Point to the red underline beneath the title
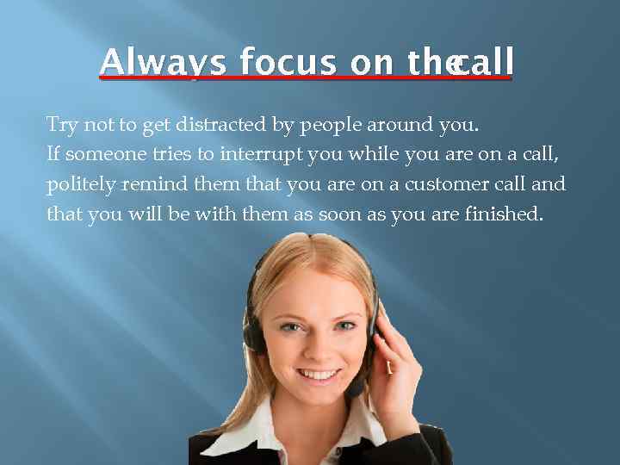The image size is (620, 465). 306,78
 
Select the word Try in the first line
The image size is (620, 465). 62,126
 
